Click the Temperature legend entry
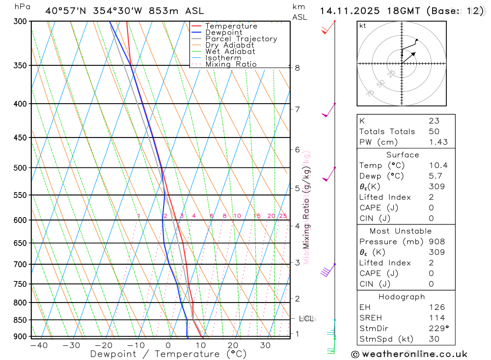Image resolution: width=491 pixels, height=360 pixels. pos(231,27)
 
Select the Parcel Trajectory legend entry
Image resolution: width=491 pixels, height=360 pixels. pos(241,39)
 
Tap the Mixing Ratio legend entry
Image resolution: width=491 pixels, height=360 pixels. pos(231,64)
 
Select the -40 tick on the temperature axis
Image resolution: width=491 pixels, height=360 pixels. pos(39,345)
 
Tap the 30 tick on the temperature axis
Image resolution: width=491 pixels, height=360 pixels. pos(265,345)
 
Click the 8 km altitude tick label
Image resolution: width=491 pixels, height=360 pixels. pos(298,68)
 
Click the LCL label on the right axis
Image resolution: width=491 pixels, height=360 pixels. pos(306,319)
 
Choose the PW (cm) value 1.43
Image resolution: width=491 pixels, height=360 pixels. pos(438,142)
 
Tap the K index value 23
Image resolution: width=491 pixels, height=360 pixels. pos(434,121)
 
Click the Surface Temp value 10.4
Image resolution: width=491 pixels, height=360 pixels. pos(438,166)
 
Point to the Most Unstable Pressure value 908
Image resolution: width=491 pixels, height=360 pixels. pos(436,242)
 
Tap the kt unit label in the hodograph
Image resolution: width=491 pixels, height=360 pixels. pos(362,26)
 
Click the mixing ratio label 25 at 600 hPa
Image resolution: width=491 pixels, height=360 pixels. pos(283,216)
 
